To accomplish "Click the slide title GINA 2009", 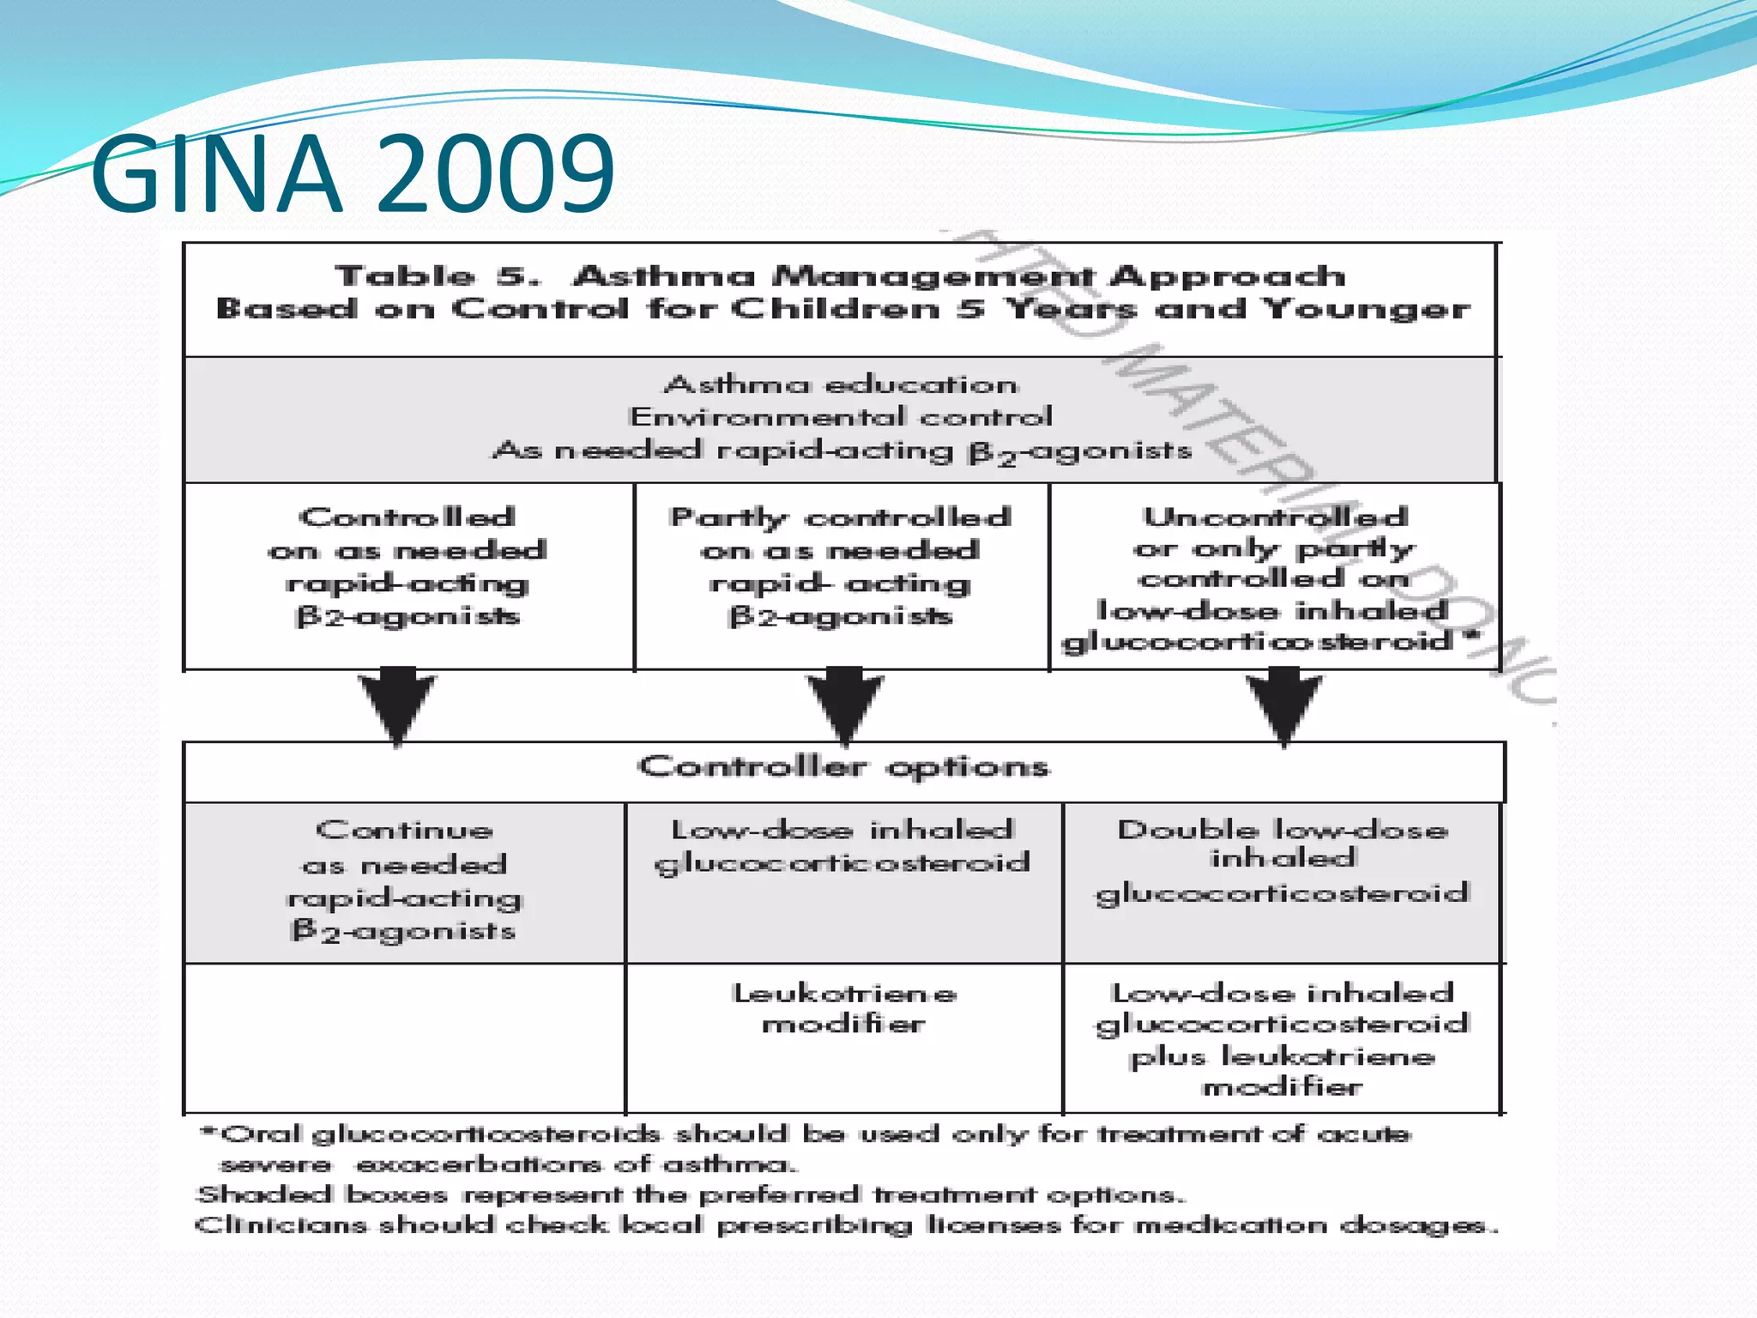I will click(352, 174).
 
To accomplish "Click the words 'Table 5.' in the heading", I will click(438, 276).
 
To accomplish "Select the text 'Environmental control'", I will click(840, 417).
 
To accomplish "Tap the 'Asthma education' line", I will click(842, 384).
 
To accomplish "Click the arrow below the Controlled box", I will click(397, 704).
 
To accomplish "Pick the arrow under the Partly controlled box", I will click(845, 704).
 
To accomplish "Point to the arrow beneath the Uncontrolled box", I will click(1284, 704).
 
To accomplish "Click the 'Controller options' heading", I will click(843, 766).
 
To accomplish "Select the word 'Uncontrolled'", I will click(1276, 517).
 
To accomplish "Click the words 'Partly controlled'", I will click(841, 517).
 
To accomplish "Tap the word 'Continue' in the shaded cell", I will click(404, 830).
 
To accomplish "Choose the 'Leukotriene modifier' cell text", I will click(844, 1008).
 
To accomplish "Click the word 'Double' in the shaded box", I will click(1187, 829).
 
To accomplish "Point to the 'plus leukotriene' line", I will click(1283, 1056).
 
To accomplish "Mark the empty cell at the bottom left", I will click(404, 1038).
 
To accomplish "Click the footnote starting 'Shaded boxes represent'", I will click(691, 1194).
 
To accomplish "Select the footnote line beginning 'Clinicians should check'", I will click(845, 1225).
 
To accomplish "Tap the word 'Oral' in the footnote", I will click(262, 1134).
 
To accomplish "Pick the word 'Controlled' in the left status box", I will click(408, 517).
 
